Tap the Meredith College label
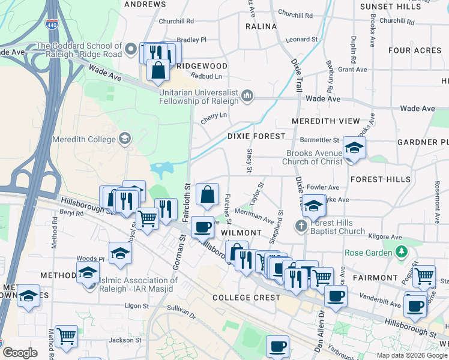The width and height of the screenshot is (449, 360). coord(84,140)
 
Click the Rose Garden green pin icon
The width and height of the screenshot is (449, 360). coord(401,251)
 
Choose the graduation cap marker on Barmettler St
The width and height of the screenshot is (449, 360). coord(354,148)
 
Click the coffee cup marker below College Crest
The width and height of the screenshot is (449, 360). coord(277,346)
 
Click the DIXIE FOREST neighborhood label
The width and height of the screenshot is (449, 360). coord(256,136)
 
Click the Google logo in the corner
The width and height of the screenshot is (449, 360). coord(20,353)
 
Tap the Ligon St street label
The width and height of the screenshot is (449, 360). coord(136,305)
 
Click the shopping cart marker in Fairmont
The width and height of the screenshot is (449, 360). coord(424,275)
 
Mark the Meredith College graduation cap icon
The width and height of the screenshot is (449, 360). coord(124,139)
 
